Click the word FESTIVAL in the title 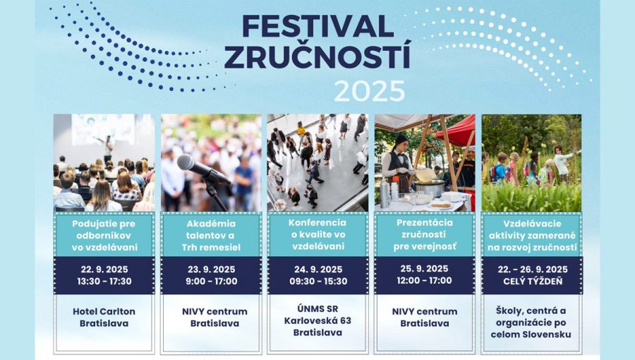[317, 26]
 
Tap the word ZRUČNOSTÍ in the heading [317, 57]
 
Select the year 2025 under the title [369, 91]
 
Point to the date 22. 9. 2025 [104, 269]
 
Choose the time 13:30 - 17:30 [104, 281]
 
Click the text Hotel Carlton [104, 311]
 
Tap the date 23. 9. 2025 [210, 269]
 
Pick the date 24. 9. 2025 [317, 269]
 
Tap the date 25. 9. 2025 [423, 269]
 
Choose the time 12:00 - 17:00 [423, 281]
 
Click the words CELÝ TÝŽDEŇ [531, 281]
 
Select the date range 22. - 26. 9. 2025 [531, 269]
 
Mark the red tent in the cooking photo [459, 131]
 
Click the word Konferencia [317, 222]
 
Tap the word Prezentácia [423, 222]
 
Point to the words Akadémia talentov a [210, 229]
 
